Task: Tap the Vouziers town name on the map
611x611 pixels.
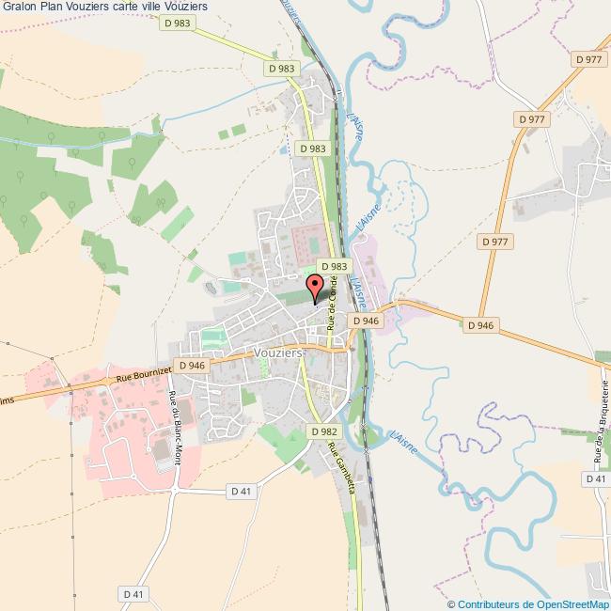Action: click(278, 351)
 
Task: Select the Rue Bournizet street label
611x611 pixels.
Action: click(143, 374)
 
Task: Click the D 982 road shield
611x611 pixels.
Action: click(323, 431)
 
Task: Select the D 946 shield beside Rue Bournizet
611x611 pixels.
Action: click(191, 366)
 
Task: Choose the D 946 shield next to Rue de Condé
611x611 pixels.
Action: click(365, 321)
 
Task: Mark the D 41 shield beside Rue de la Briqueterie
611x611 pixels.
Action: click(596, 479)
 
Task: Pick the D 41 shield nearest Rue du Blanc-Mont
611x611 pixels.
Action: click(243, 491)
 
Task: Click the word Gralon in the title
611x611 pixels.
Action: click(19, 8)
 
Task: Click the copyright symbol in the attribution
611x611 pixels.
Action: click(451, 604)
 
